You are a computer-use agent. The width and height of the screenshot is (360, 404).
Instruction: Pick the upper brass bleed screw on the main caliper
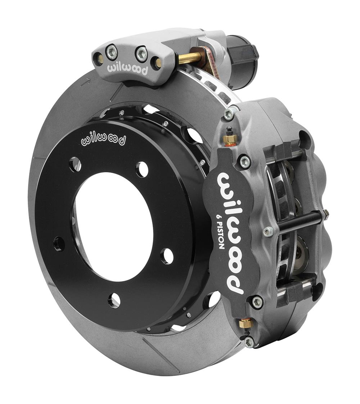230,139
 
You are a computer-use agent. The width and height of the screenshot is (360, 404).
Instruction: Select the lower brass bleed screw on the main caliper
246,323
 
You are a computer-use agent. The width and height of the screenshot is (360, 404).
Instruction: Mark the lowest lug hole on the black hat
114,300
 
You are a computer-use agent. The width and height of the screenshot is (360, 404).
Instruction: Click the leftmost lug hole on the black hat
59,244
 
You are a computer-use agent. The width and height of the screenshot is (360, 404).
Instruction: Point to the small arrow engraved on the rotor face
85,82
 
